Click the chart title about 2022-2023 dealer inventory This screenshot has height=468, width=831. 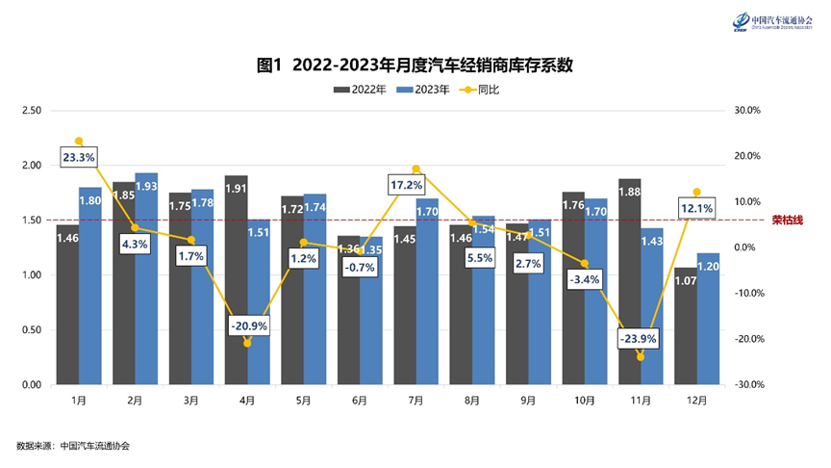415,65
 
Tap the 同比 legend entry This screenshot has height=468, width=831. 480,90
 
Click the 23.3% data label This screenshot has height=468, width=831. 79,157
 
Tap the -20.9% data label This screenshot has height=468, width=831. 248,326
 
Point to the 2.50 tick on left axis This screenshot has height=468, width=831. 33,111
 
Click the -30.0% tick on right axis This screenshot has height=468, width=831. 747,385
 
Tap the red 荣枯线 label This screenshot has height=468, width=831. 787,221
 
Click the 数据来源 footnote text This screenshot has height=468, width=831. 73,446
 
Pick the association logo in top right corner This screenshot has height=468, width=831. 768,21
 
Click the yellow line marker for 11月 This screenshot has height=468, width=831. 641,357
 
